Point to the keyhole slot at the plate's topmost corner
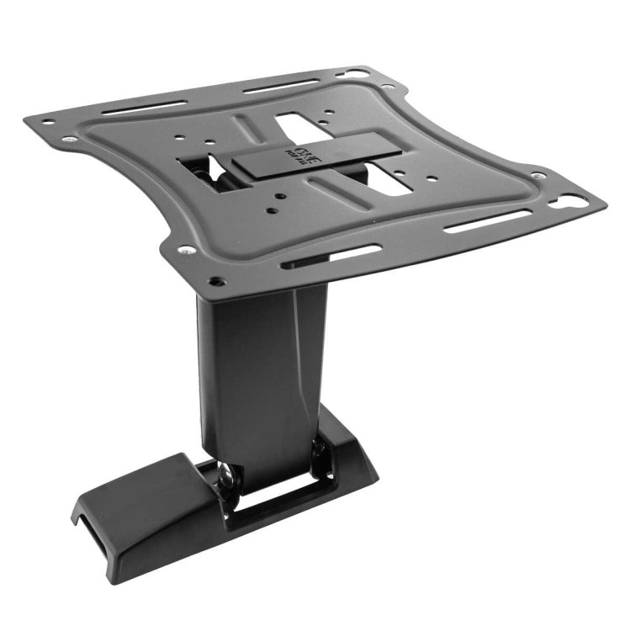pos(358,73)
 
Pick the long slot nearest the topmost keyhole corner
pos(281,87)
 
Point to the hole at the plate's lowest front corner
pos(217,281)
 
